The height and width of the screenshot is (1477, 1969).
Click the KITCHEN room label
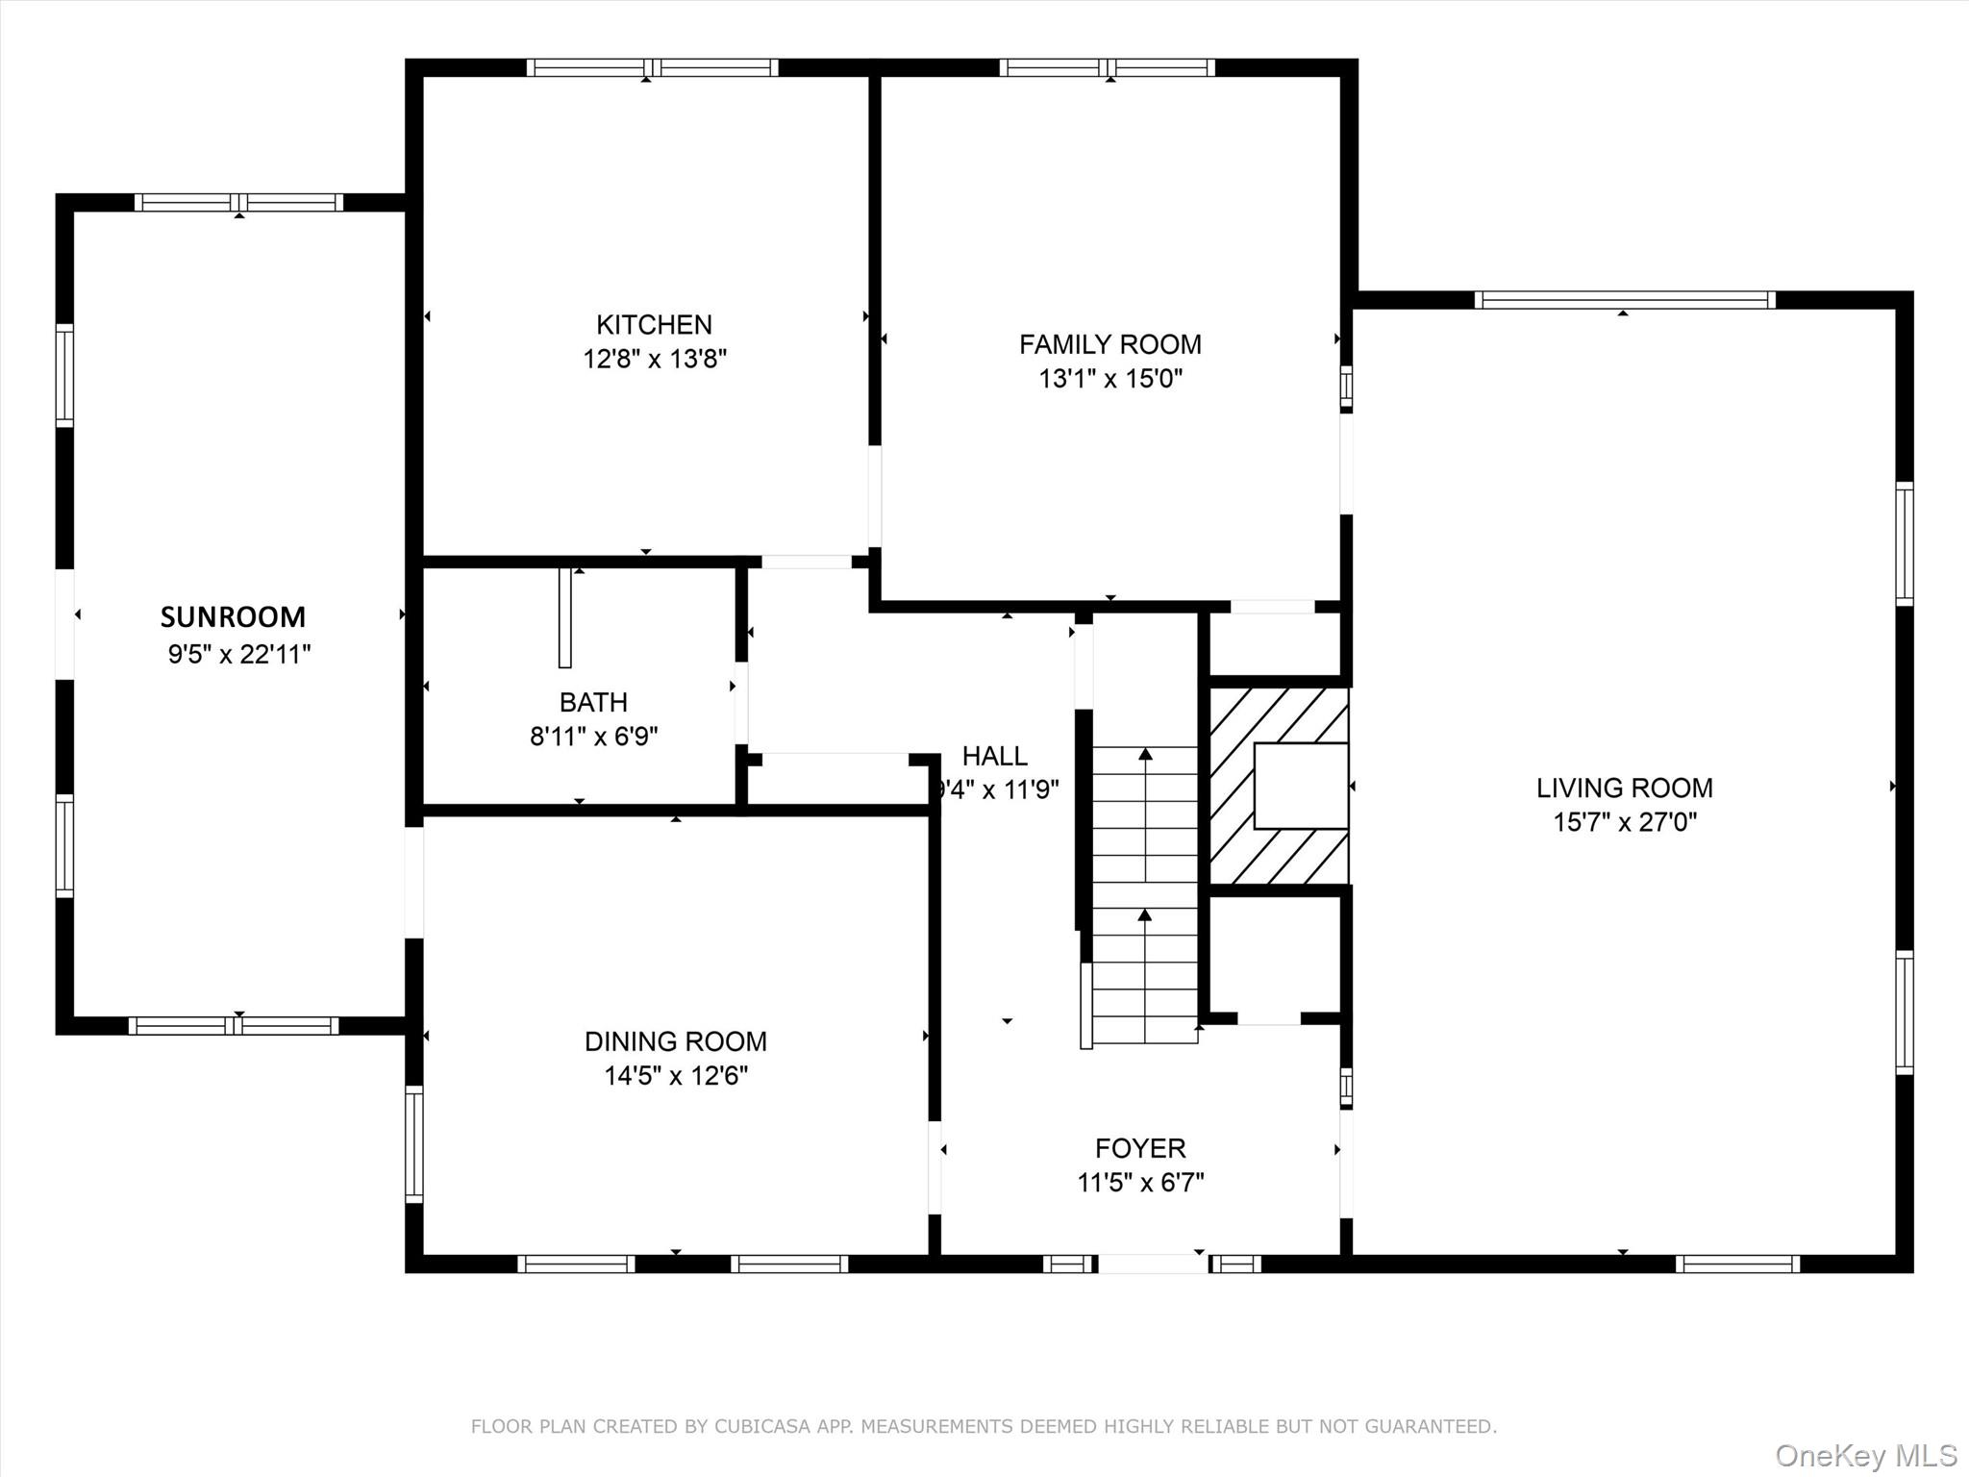(654, 324)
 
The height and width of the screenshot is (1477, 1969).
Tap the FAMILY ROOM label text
(1109, 344)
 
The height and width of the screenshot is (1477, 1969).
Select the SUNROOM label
(233, 616)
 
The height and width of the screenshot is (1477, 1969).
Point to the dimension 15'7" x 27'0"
(1625, 822)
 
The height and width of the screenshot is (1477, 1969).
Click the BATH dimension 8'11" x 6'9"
(593, 737)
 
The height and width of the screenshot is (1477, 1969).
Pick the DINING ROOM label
(675, 1041)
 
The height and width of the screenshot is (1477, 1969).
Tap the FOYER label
(1140, 1148)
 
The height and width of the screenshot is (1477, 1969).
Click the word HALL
(994, 756)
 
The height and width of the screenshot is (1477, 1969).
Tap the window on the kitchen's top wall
(652, 67)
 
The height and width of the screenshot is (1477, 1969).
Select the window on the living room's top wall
(1624, 300)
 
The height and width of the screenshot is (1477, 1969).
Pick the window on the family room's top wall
(1107, 67)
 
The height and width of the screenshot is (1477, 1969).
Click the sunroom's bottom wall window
(234, 1025)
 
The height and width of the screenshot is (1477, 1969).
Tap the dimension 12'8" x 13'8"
(654, 359)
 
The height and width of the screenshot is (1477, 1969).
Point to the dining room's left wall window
(413, 1143)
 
